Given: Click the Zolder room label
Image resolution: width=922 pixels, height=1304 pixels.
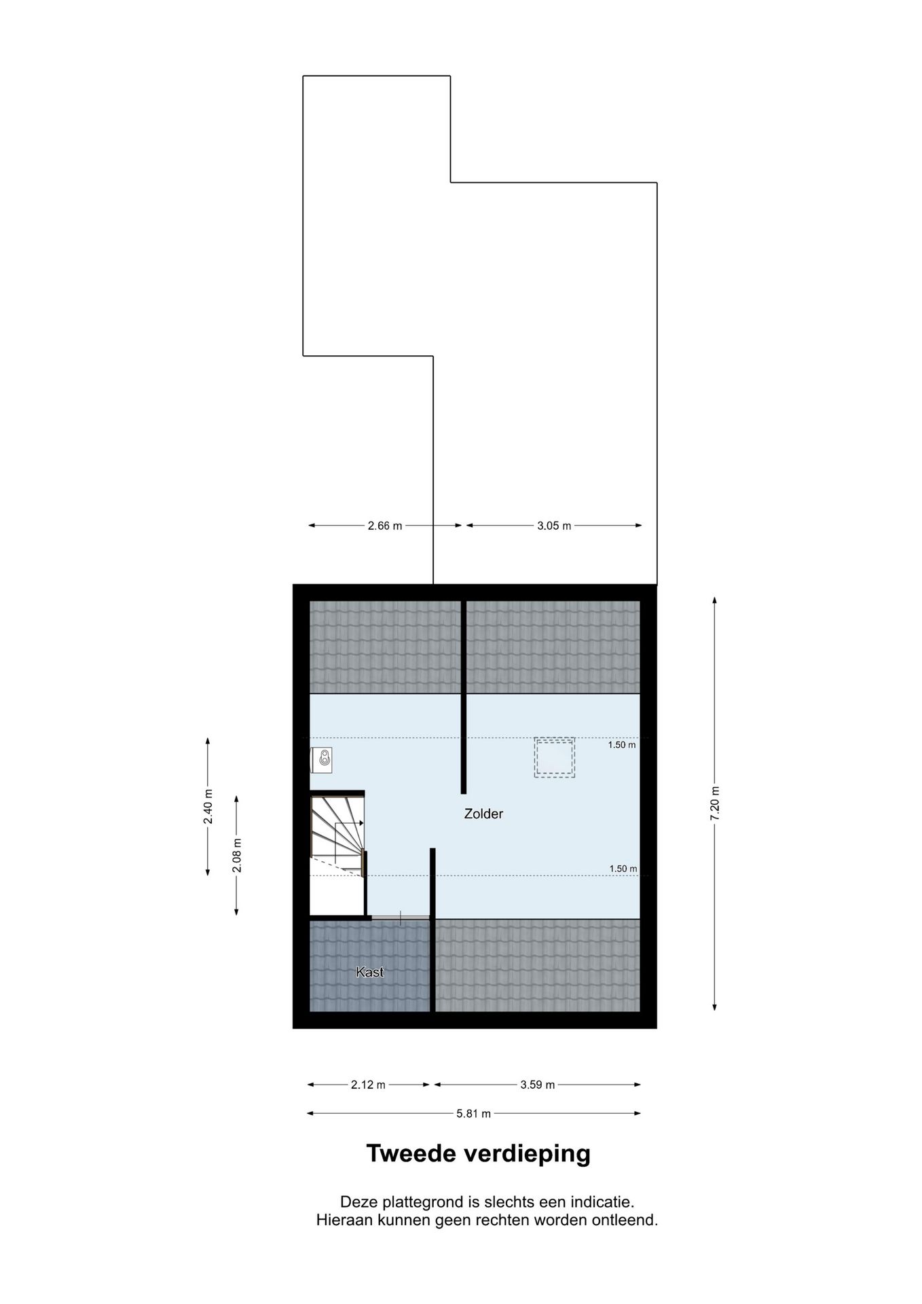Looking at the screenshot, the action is (x=483, y=814).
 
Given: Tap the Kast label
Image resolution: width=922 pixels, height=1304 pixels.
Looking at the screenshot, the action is (x=370, y=972).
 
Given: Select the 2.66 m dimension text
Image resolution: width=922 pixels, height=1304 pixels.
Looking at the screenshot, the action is (x=385, y=526).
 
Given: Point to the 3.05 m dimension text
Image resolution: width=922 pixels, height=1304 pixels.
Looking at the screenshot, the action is (x=554, y=526).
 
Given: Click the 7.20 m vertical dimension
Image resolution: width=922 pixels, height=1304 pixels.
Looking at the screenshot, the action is (x=714, y=803).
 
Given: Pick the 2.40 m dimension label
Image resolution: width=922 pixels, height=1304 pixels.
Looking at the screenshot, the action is (x=208, y=807).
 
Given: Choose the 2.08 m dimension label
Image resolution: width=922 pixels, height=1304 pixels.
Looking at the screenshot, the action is (x=237, y=856).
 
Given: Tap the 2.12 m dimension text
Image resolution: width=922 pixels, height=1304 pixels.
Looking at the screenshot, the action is (x=368, y=1085).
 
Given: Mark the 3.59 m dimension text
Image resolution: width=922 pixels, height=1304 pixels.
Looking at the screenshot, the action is (x=538, y=1085).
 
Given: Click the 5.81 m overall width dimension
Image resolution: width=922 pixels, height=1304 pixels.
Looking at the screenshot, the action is (x=473, y=1113).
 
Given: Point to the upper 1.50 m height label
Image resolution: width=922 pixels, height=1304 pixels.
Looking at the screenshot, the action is (x=622, y=745).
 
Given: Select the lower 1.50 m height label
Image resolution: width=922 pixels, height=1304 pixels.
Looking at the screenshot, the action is (x=623, y=869).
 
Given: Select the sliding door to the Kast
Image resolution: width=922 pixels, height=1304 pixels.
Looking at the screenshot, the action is (x=401, y=918).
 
